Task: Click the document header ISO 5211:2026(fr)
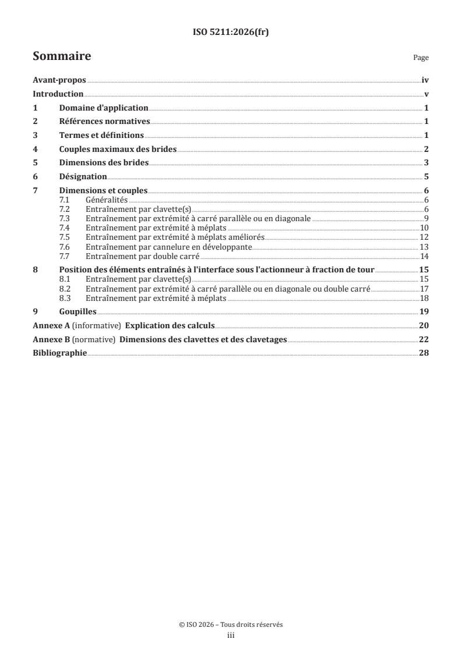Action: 231,33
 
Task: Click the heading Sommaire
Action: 62,56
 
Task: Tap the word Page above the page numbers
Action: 421,58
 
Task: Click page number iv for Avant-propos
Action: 425,81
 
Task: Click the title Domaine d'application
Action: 104,108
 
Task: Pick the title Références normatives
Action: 105,122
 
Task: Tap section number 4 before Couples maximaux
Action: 36,149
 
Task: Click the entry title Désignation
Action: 83,176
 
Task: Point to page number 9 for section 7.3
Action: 426,218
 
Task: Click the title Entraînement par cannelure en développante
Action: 161,246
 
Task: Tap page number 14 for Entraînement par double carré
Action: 425,255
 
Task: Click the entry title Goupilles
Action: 78,312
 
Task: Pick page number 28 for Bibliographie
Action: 424,353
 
